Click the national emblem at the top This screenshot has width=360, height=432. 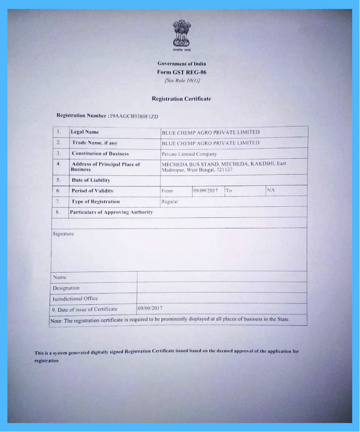(x=182, y=34)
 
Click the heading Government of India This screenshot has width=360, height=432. (x=182, y=63)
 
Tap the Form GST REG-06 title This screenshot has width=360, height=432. (x=182, y=72)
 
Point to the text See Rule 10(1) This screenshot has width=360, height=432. (x=182, y=81)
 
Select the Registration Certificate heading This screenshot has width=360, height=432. (x=181, y=99)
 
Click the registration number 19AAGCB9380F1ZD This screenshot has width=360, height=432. (x=134, y=116)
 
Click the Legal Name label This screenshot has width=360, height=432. (x=85, y=132)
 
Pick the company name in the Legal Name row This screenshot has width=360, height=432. (x=210, y=133)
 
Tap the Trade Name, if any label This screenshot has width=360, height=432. (x=94, y=143)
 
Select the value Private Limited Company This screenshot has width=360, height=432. (x=189, y=154)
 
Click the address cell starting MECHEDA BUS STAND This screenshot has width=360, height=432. (x=224, y=167)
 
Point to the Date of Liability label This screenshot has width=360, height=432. (x=91, y=180)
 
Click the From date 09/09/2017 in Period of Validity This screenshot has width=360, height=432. (x=205, y=191)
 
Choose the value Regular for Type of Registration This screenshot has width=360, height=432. (x=169, y=202)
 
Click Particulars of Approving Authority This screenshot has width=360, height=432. (x=111, y=212)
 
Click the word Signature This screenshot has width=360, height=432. (x=63, y=234)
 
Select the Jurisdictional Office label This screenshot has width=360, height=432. (x=75, y=299)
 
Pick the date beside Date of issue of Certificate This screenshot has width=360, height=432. (x=150, y=308)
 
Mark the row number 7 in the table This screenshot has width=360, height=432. (x=58, y=202)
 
